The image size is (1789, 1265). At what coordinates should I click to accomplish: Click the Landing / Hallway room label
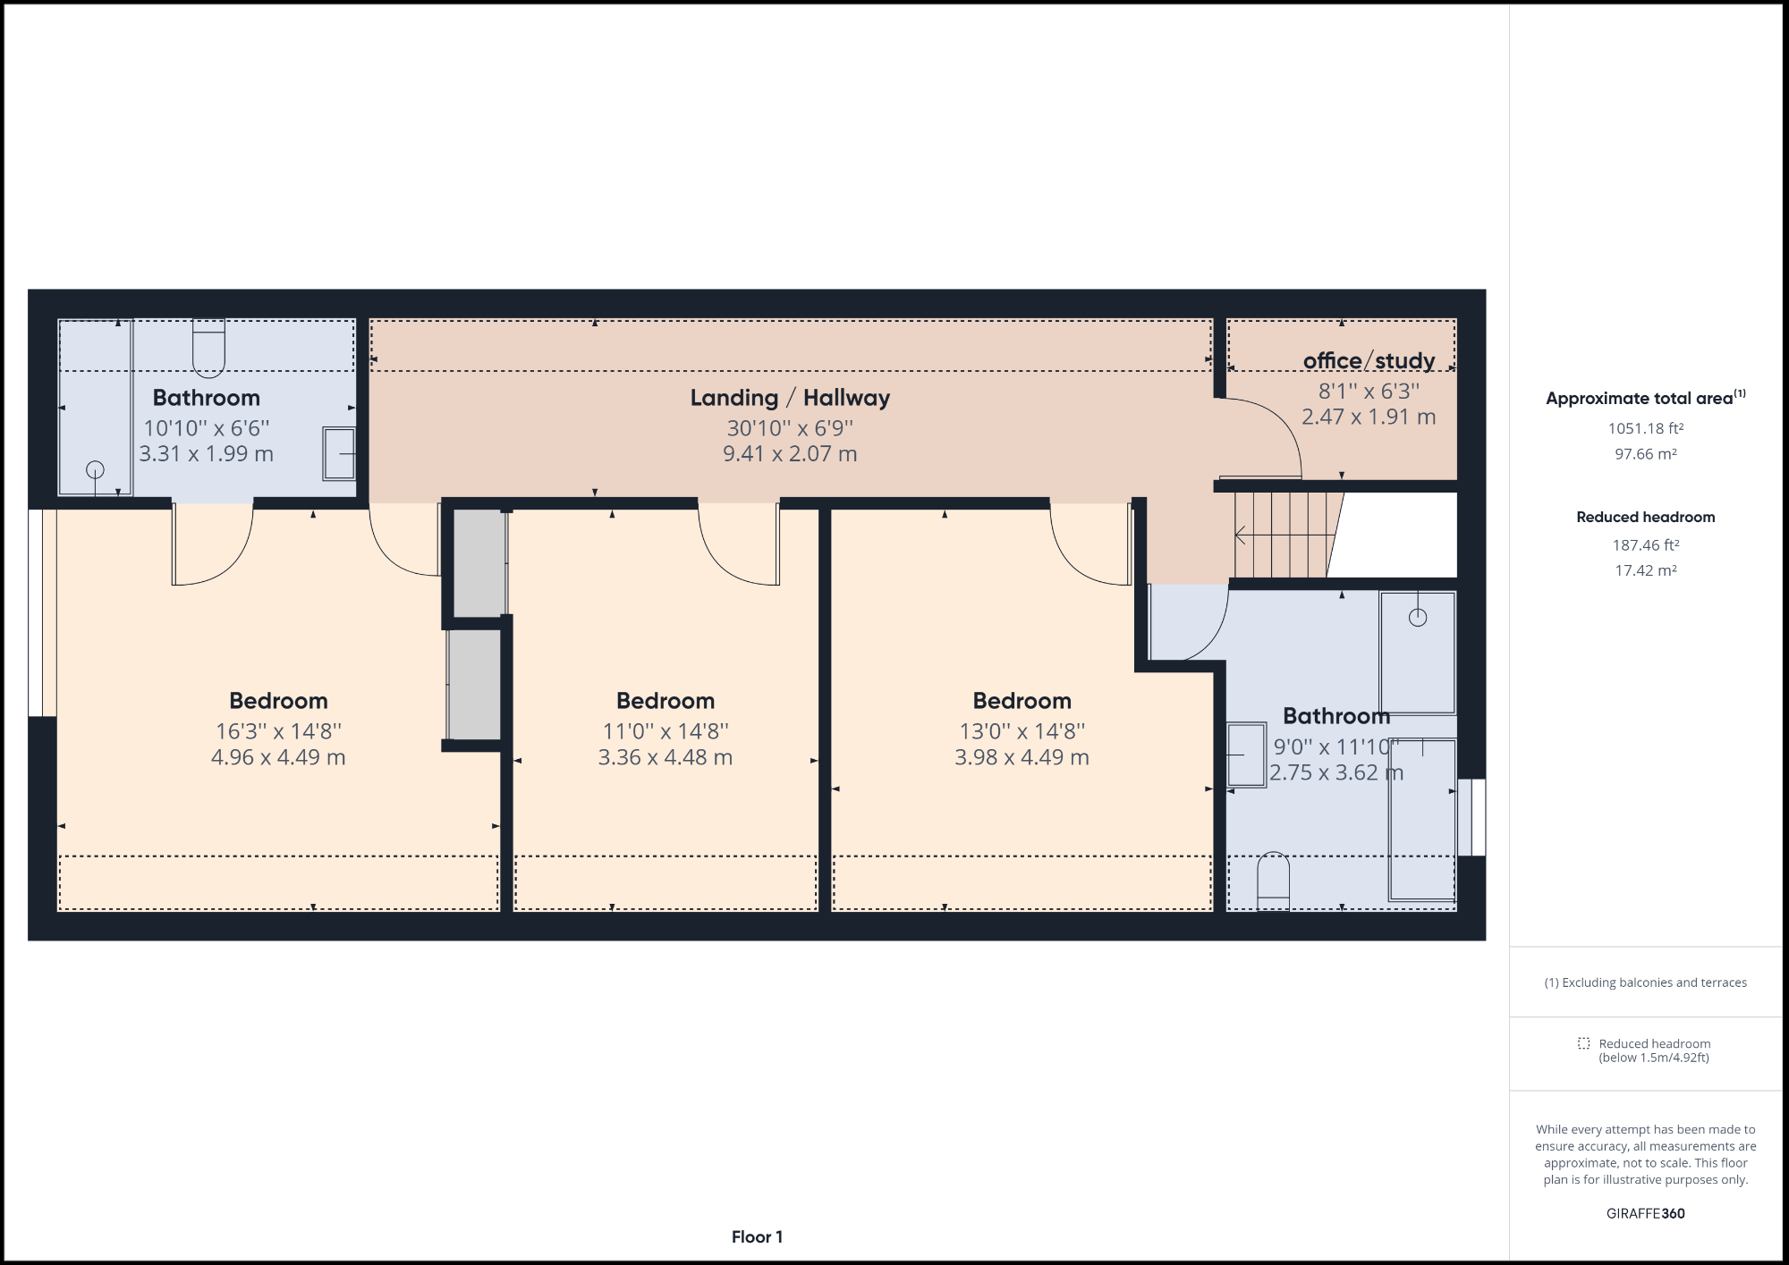tap(790, 398)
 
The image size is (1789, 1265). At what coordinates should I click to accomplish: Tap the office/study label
tap(1369, 360)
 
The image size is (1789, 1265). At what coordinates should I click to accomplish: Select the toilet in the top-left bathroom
tap(208, 348)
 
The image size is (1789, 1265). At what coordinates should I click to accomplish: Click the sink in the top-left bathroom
tap(339, 454)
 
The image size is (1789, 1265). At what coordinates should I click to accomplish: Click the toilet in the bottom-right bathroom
tap(1273, 881)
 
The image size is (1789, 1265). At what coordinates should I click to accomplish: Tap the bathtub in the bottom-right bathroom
tap(1421, 819)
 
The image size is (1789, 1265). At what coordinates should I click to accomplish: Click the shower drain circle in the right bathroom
tap(1418, 617)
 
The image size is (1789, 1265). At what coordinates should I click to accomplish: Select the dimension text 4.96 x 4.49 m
tap(278, 757)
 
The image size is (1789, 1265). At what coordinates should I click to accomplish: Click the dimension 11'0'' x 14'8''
tap(666, 731)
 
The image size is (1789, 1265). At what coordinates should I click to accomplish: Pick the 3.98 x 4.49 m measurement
tap(1022, 757)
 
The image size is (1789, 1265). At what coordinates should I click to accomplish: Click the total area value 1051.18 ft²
tap(1645, 428)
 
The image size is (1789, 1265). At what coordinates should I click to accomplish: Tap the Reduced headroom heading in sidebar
tap(1645, 517)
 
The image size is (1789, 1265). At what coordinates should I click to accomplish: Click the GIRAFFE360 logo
tap(1645, 1213)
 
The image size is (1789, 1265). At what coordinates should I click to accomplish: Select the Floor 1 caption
tap(757, 1236)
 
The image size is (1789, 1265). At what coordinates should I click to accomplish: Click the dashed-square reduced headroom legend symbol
tap(1583, 1043)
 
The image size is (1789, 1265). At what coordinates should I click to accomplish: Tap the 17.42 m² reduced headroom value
tap(1645, 570)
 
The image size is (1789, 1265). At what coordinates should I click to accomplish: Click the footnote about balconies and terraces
tap(1645, 982)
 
